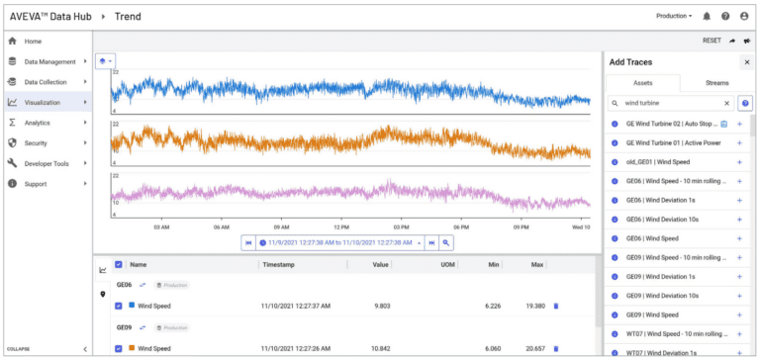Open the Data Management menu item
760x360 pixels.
click(x=49, y=61)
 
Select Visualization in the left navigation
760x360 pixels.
click(x=46, y=102)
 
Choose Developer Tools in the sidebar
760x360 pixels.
click(x=47, y=163)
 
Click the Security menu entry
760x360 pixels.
click(x=39, y=142)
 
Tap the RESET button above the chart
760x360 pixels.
click(x=712, y=41)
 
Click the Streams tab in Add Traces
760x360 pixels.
click(x=717, y=84)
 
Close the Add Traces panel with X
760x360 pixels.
click(x=746, y=62)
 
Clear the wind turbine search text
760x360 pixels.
click(x=726, y=103)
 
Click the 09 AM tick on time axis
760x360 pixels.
click(x=281, y=226)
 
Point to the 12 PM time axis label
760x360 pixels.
click(x=340, y=226)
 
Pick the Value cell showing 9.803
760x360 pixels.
click(x=381, y=306)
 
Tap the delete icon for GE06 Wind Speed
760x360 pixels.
click(x=556, y=306)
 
